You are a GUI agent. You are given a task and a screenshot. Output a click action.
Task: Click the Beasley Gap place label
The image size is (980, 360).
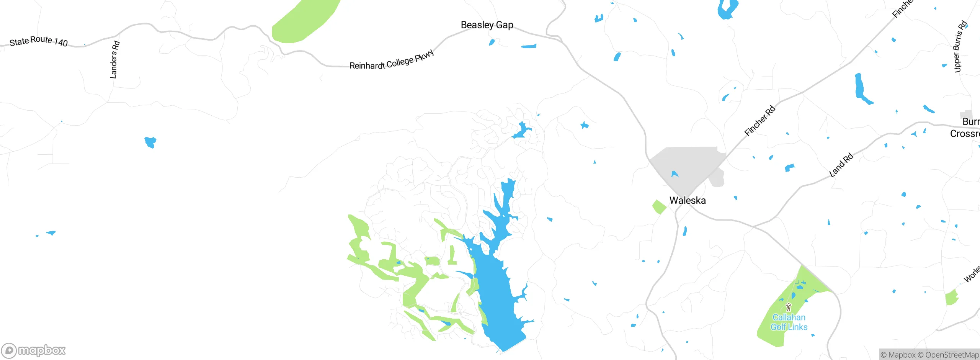point(487,25)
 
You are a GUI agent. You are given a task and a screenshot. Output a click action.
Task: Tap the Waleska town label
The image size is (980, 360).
point(687,200)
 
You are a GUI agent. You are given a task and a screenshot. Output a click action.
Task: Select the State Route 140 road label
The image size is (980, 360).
point(38,41)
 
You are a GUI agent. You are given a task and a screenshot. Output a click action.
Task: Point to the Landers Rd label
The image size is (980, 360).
point(114,60)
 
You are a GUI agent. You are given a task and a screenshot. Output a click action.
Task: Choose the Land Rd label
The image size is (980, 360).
point(841,165)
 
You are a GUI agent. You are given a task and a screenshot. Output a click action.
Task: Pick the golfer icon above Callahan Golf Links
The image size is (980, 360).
point(788,307)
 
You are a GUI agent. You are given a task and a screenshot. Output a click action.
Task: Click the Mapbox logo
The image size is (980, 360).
point(34,350)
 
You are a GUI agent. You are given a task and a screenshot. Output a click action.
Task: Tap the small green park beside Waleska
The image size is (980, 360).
point(659,207)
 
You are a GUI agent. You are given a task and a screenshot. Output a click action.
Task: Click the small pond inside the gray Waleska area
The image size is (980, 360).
point(675,174)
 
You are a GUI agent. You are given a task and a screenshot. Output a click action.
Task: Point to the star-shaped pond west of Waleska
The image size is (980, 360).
point(584,125)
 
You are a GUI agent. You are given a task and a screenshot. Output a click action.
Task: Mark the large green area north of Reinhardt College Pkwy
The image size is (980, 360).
point(304,21)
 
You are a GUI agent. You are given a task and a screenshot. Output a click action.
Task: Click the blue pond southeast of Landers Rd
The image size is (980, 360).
point(150,142)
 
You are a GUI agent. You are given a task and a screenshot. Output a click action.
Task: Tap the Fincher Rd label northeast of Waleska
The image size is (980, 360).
point(759,121)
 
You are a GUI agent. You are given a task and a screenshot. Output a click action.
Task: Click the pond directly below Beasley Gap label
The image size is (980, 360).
point(492,42)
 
